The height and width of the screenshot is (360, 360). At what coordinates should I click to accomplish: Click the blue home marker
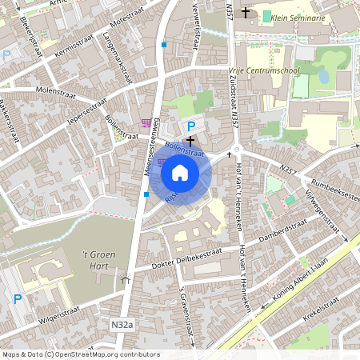[180, 172]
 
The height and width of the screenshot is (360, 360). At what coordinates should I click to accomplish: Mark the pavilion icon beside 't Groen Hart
[124, 279]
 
